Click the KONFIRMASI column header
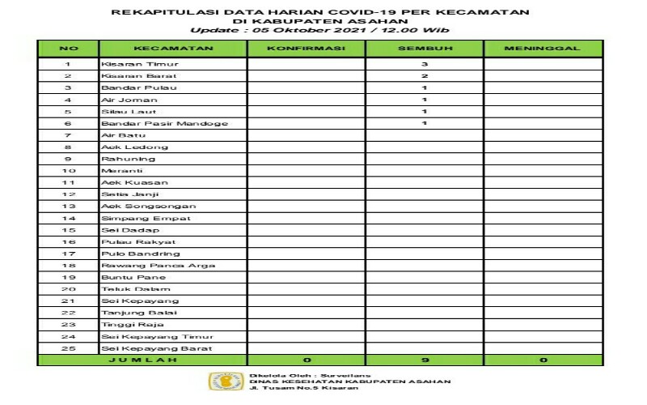pos(307,49)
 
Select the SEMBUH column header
pos(424,49)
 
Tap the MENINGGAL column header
pos(543,49)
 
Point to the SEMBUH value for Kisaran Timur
pos(424,63)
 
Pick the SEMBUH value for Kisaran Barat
pos(424,75)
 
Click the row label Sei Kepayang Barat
pos(145,348)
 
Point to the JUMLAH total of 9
pos(424,360)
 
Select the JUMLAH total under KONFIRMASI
pos(307,360)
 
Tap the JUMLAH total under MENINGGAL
pos(543,360)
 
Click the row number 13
pos(68,207)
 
